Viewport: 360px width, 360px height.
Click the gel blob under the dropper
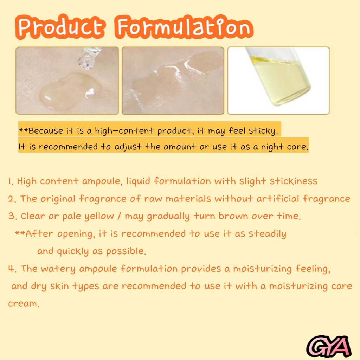point(67,90)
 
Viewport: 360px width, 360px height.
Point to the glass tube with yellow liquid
point(279,76)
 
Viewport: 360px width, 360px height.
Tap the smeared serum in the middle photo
point(172,77)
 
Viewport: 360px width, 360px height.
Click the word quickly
point(72,251)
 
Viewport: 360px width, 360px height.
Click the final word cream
point(23,303)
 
